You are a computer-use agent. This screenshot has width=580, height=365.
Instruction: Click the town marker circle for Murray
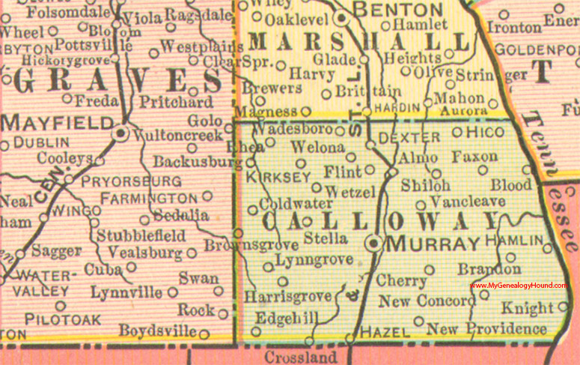(x=372, y=244)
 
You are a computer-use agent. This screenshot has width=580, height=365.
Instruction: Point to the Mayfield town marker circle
(x=120, y=134)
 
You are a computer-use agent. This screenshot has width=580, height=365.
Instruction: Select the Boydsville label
(x=158, y=331)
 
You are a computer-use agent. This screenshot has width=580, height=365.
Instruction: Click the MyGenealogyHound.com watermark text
(x=519, y=286)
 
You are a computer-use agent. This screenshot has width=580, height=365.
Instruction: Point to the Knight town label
(x=527, y=307)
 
